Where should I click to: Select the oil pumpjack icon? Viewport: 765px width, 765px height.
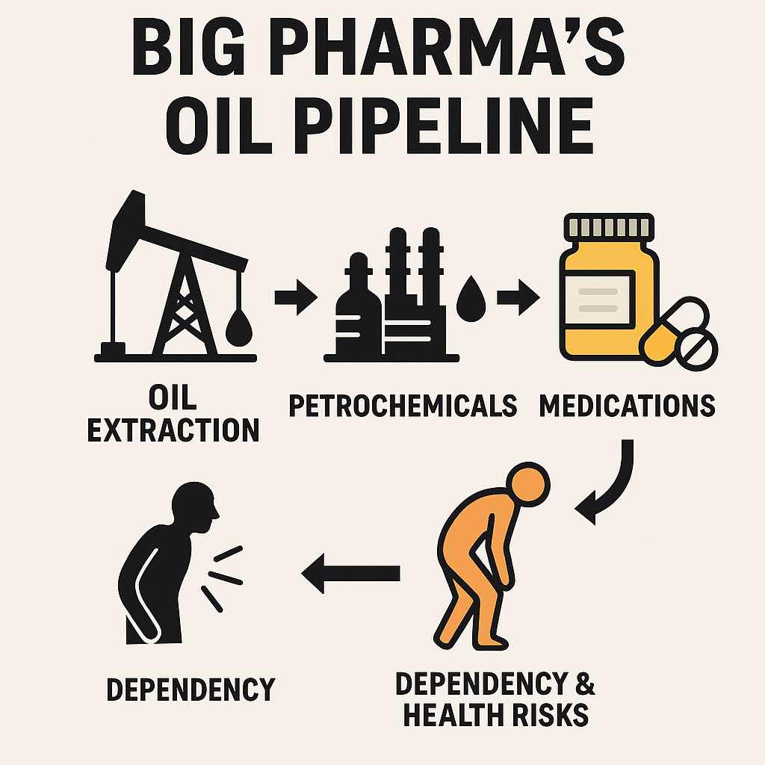(176, 276)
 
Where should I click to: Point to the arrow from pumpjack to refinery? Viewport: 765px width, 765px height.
(296, 297)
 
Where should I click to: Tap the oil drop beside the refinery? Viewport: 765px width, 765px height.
(471, 299)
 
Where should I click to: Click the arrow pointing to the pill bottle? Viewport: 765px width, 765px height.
(518, 297)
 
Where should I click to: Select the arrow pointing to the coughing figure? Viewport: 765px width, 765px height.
(350, 573)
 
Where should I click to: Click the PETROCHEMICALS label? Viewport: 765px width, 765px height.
(403, 406)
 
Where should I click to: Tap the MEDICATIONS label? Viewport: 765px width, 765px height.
(627, 406)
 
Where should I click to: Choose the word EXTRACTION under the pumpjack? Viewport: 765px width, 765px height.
(173, 430)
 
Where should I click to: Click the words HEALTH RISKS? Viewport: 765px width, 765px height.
(496, 715)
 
